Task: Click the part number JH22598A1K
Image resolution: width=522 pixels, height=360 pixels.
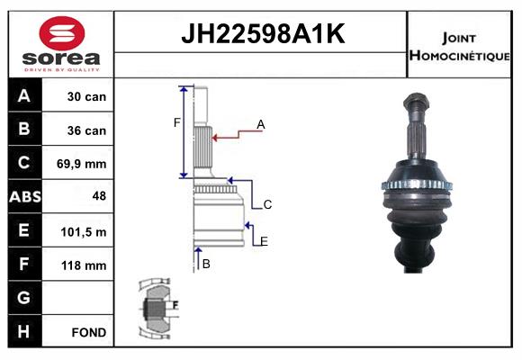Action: tap(263, 33)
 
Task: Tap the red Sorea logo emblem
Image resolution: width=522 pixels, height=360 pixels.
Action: tap(62, 33)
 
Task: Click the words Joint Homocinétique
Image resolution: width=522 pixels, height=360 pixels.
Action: tap(459, 47)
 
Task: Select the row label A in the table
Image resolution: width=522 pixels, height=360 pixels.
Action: tap(24, 96)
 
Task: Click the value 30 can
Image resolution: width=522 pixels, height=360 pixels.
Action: tap(86, 96)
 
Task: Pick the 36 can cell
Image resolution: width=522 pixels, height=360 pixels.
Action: tap(86, 130)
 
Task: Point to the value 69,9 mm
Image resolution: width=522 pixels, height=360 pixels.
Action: tap(82, 164)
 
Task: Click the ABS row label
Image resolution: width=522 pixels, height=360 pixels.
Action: tap(25, 196)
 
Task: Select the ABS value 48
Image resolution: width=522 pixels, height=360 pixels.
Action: tap(99, 196)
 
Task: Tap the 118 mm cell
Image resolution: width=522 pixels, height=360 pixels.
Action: tap(84, 265)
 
